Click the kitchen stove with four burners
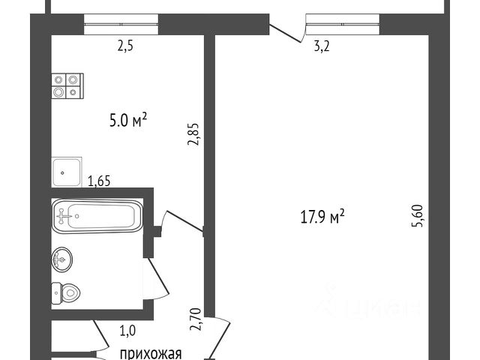[67, 86]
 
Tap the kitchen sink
[67, 172]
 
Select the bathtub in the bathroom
[97, 216]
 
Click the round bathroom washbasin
[62, 259]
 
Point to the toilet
[65, 293]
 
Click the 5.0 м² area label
[128, 120]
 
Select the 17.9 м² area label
[323, 217]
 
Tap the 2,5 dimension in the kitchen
[125, 46]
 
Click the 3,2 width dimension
[322, 46]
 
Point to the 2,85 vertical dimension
[193, 134]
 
